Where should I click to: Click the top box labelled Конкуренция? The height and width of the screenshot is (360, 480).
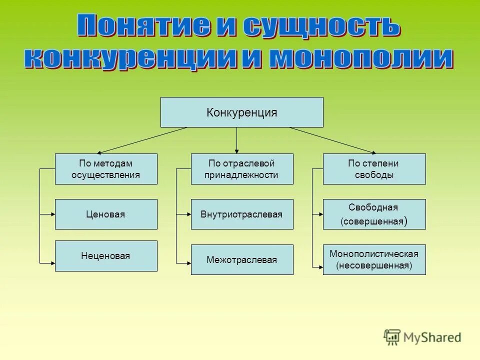tap(241, 112)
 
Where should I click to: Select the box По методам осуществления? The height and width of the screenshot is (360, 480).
tap(106, 169)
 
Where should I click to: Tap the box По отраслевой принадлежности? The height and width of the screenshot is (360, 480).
tap(242, 169)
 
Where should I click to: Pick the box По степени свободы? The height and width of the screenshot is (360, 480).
tap(374, 169)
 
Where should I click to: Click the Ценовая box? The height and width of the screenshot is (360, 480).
tap(106, 214)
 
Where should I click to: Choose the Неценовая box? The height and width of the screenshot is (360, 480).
tap(106, 256)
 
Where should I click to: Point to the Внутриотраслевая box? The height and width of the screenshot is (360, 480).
tap(242, 214)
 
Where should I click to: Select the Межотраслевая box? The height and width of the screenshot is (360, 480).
tap(242, 259)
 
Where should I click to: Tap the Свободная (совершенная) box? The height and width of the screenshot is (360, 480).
tap(374, 214)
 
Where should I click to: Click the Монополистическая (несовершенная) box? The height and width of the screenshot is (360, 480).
tap(374, 259)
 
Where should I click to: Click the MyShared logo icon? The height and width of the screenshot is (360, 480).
tap(392, 337)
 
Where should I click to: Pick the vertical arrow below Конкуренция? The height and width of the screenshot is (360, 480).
tap(236, 140)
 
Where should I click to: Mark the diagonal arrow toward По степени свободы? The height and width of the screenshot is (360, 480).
tap(332, 140)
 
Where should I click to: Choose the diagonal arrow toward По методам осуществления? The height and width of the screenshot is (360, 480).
tap(142, 140)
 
